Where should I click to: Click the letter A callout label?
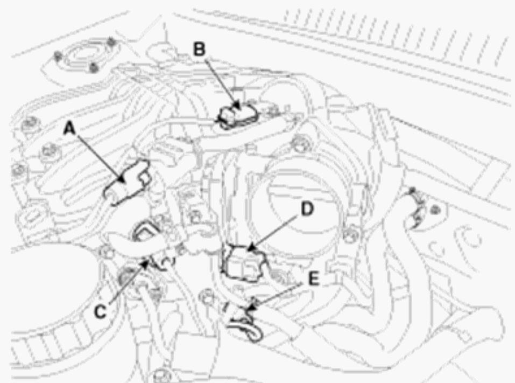coord(69,128)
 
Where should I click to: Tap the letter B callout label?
coord(199,50)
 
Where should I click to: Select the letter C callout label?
coord(100,311)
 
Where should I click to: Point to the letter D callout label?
coord(307,209)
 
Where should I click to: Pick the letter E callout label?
coord(313,279)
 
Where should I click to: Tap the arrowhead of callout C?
coord(147,260)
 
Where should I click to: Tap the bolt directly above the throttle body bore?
coord(300,145)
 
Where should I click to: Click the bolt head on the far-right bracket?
coord(435,210)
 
